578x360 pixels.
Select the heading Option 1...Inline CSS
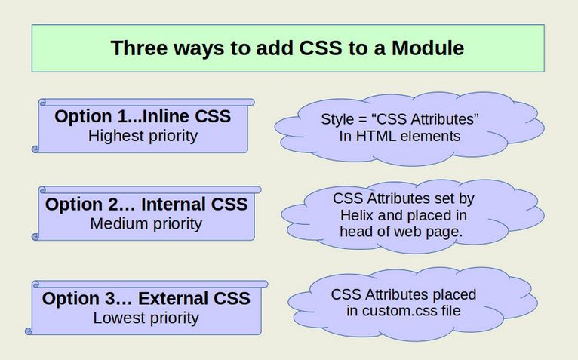click(x=143, y=117)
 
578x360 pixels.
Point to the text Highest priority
click(x=143, y=136)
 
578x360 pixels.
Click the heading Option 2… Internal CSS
click(x=146, y=205)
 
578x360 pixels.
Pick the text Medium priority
click(x=146, y=223)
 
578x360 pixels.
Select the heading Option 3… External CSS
click(x=146, y=299)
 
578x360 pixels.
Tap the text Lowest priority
click(x=146, y=318)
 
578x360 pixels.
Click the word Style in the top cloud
click(x=336, y=119)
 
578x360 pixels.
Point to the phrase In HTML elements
click(x=401, y=136)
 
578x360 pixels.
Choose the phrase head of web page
click(x=401, y=232)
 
